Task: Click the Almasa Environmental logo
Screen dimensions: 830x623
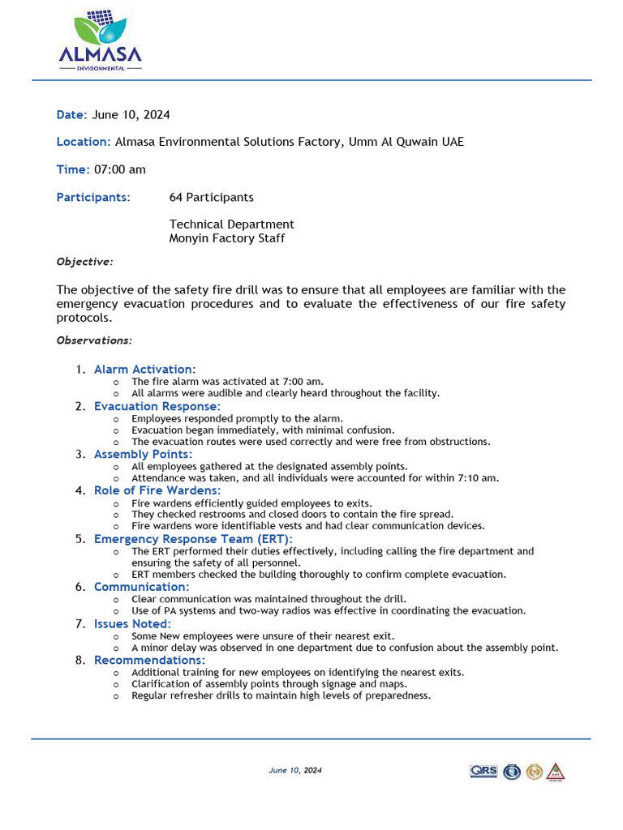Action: tap(100, 41)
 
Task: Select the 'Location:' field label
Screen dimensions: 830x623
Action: tap(84, 142)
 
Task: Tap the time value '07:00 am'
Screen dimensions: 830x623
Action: tap(120, 169)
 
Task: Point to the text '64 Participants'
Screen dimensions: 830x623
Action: tap(211, 197)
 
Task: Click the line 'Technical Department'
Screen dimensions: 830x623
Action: tap(231, 225)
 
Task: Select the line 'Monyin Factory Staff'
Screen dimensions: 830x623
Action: tap(226, 238)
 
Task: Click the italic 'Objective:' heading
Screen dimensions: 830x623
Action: tap(84, 262)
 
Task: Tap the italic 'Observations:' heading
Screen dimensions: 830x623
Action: tap(94, 340)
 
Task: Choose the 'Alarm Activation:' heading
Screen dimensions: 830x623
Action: tap(144, 370)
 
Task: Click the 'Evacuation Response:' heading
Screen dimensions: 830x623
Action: tap(157, 406)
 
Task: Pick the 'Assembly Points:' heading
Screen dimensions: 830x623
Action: tap(143, 455)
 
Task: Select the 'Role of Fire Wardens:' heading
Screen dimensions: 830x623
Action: tap(157, 490)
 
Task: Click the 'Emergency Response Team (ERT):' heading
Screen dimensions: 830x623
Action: tap(193, 539)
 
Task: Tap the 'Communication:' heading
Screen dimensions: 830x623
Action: tap(141, 587)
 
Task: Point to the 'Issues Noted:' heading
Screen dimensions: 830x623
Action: tap(132, 623)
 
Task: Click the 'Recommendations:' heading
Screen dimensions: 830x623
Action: tap(149, 660)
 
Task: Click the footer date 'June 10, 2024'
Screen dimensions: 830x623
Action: tap(295, 771)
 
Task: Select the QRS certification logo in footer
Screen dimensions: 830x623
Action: tap(483, 772)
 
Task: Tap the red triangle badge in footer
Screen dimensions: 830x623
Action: tap(556, 772)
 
